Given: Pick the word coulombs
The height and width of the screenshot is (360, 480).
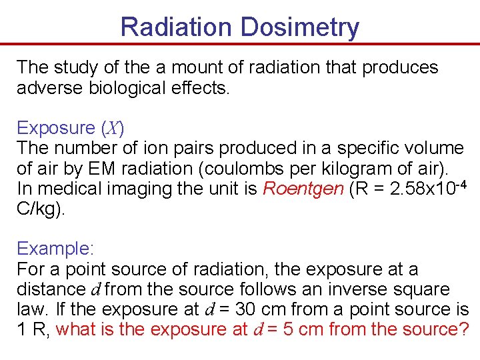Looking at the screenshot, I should [x=257, y=168].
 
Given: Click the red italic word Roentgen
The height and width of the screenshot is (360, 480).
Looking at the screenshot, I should [x=303, y=188].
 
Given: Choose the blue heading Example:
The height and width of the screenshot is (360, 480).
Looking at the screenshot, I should [x=56, y=249].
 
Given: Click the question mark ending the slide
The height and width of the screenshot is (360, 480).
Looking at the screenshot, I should [x=463, y=329].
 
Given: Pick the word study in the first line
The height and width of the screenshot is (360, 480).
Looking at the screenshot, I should [x=73, y=68].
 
